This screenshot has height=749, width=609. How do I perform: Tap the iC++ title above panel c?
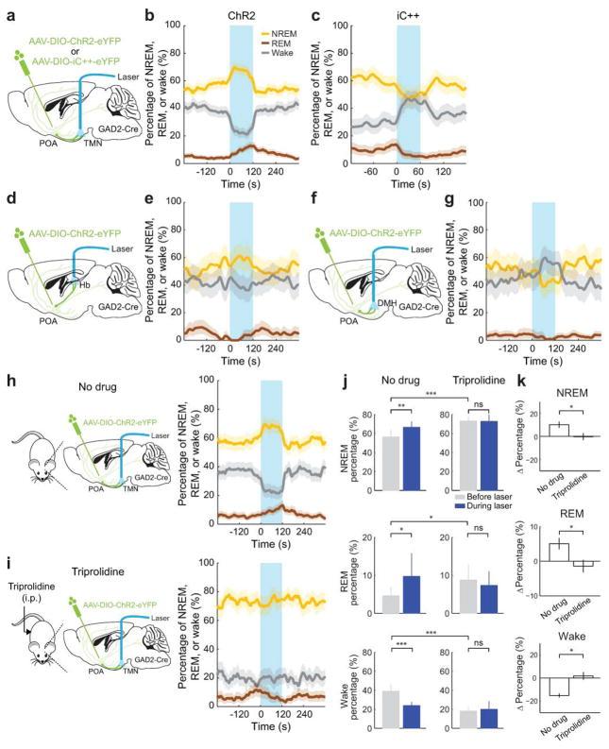[x=408, y=17]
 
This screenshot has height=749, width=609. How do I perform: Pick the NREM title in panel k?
[x=571, y=395]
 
